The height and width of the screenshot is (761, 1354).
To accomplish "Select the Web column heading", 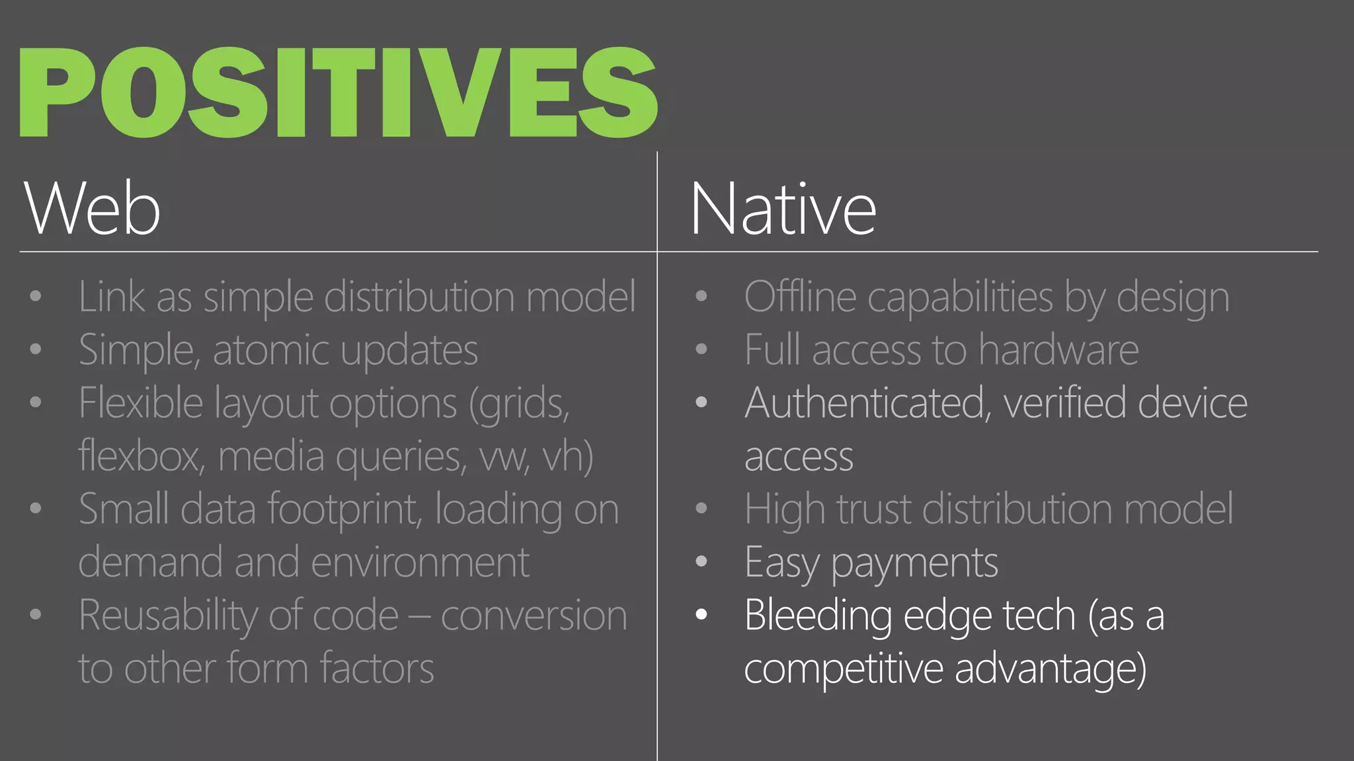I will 92,209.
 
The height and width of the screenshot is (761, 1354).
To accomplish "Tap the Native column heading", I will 783,209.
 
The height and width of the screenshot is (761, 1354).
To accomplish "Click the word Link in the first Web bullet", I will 111,297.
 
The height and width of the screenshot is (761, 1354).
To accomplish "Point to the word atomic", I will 270,350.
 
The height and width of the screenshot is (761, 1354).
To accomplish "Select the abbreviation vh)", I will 567,456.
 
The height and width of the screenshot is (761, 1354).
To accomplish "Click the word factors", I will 377,669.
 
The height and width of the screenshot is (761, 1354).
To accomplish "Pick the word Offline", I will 801,297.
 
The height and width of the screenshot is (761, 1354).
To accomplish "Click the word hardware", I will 1058,350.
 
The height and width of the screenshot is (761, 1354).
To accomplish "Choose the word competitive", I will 843,669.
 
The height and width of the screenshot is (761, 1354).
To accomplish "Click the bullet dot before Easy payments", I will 701,562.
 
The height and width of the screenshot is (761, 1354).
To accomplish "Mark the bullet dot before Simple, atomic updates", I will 36,349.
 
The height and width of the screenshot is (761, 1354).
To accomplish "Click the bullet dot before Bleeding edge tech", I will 701,615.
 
